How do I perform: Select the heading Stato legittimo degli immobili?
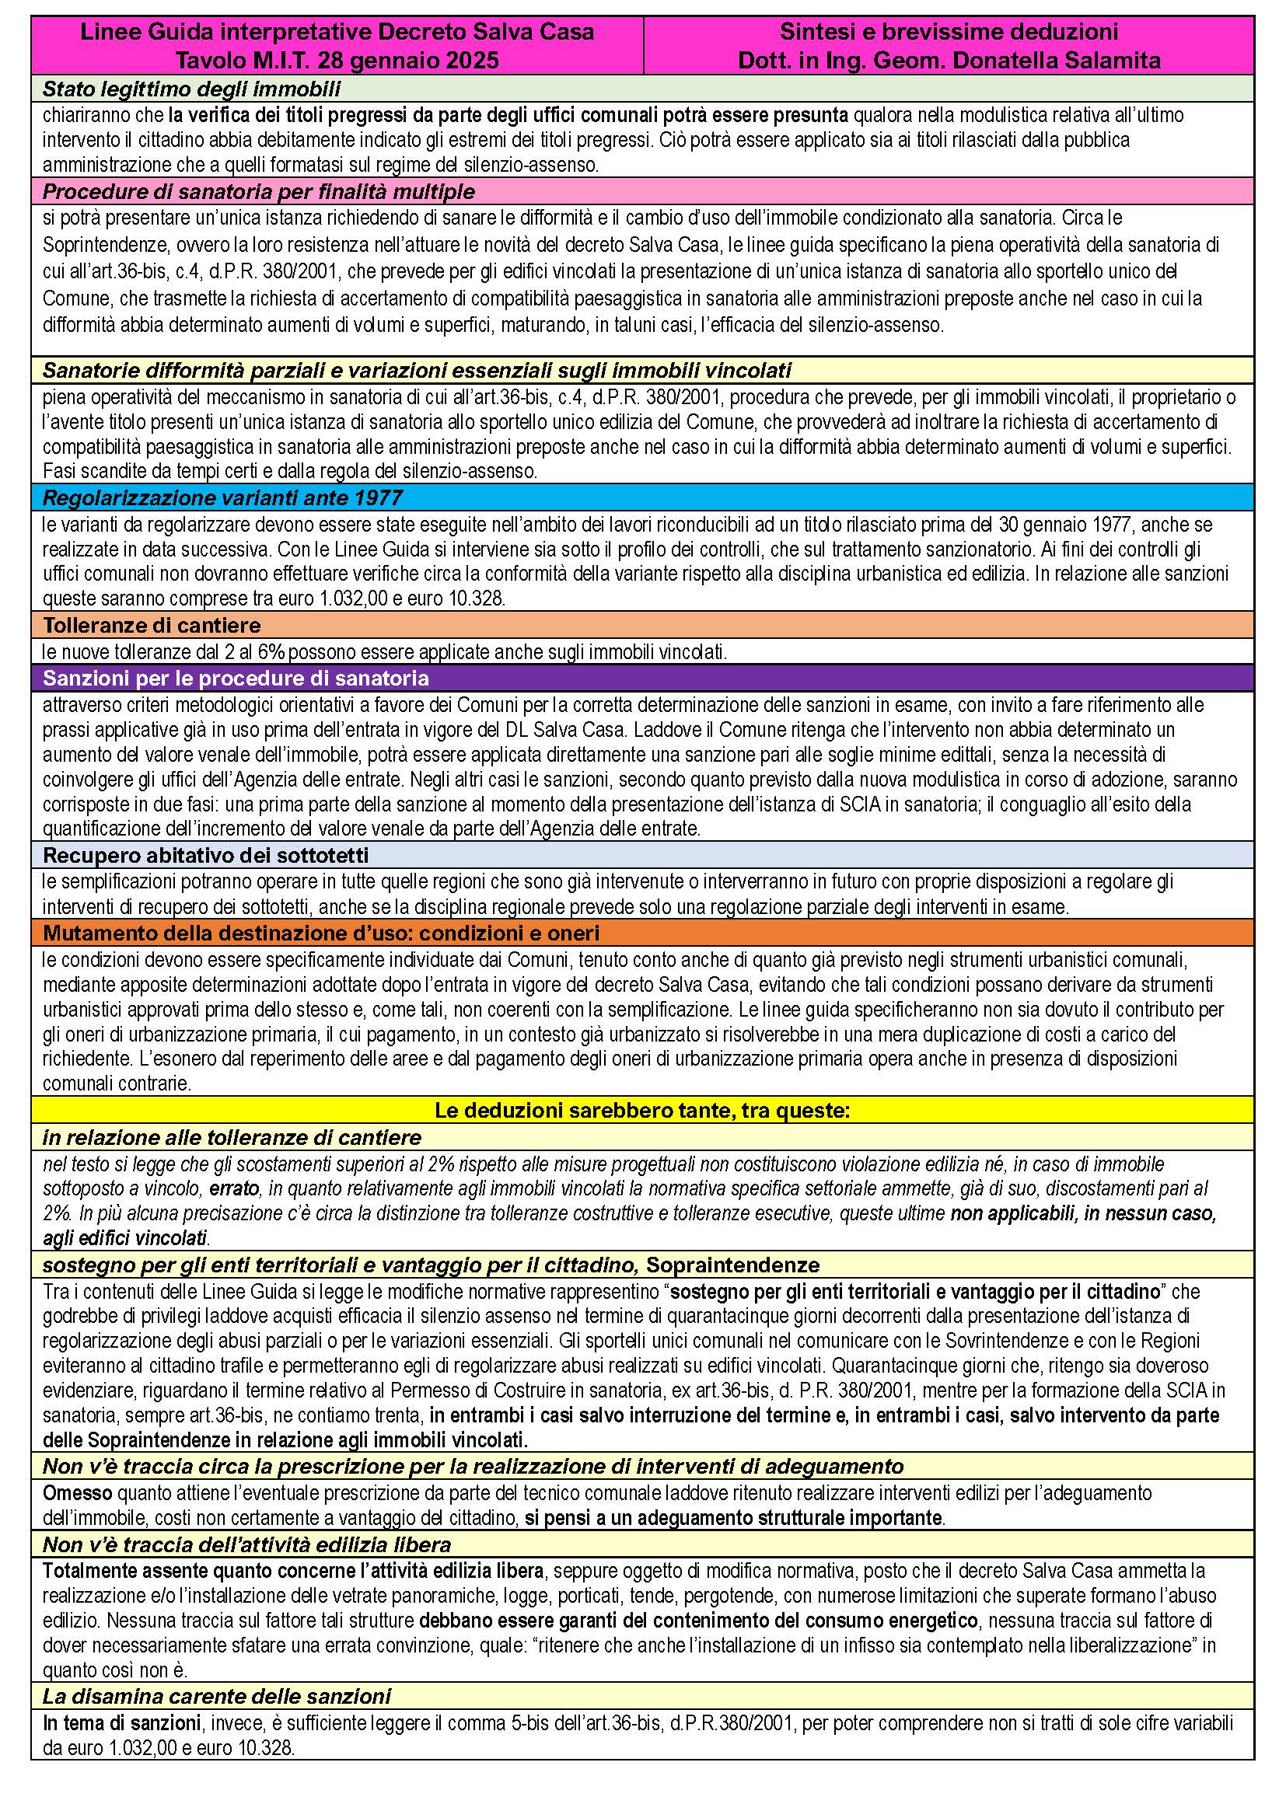(191, 89)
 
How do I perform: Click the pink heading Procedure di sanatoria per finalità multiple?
(258, 192)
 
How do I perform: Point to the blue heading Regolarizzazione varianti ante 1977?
(222, 498)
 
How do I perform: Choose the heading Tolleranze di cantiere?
(152, 626)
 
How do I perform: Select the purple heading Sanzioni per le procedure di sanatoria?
(236, 679)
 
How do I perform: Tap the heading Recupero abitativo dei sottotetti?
(206, 855)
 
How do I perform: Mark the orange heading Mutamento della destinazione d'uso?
(320, 932)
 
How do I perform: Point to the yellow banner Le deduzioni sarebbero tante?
(642, 1111)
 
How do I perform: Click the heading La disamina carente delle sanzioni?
(216, 1697)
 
